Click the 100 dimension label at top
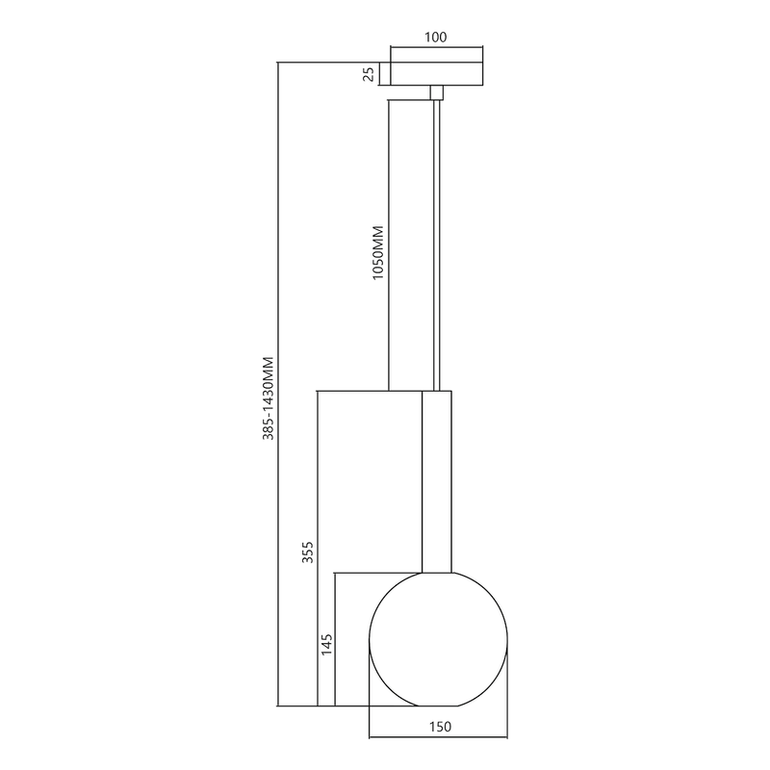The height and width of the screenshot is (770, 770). click(x=436, y=38)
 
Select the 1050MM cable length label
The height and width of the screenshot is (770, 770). click(x=377, y=253)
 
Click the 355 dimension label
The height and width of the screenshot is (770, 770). click(x=307, y=552)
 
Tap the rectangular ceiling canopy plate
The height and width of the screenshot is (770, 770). click(x=436, y=74)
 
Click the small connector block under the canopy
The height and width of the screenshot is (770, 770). click(x=436, y=91)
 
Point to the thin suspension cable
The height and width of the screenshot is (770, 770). click(x=438, y=241)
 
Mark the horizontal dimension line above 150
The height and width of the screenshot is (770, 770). click(x=438, y=738)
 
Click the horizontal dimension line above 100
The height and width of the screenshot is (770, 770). click(x=436, y=48)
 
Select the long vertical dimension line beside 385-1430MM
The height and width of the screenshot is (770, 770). click(x=278, y=385)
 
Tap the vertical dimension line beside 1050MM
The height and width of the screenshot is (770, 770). click(x=388, y=241)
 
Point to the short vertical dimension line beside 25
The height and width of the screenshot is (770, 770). click(x=379, y=74)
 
